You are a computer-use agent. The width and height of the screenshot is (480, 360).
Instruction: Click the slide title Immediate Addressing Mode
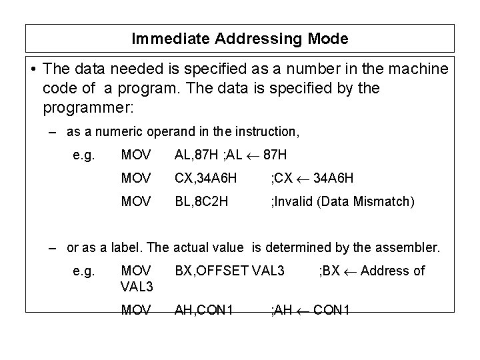coord(239,39)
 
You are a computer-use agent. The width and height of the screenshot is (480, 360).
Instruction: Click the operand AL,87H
coord(198,155)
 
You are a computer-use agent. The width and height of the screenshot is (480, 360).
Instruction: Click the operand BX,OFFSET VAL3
coord(230,271)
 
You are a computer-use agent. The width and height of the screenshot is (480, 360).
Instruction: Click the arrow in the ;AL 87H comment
coord(254,155)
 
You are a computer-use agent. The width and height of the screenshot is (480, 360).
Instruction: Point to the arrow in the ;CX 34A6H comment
coord(301,178)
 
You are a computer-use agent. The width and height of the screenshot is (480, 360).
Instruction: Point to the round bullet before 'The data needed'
coord(33,69)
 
